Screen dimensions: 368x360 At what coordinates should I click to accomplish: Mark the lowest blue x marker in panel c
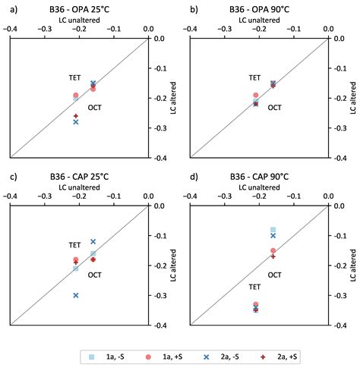76,295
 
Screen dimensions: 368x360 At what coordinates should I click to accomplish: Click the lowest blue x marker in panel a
76,121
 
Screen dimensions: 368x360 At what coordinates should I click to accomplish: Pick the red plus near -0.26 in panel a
76,115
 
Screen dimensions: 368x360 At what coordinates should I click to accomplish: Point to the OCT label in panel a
96,107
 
